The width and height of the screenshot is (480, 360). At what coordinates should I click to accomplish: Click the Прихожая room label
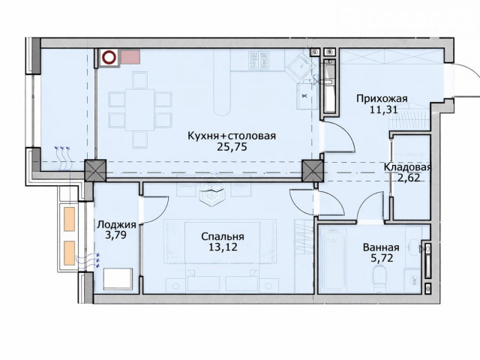click(382, 99)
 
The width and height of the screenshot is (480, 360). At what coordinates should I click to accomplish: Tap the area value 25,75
click(232, 147)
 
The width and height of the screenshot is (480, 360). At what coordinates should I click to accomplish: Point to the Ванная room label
click(381, 247)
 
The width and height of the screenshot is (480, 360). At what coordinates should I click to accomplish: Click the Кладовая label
click(407, 167)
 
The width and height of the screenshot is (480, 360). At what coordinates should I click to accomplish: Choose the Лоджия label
click(116, 225)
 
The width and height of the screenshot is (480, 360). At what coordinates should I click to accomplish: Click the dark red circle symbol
click(109, 57)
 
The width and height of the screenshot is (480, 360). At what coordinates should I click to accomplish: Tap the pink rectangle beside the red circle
click(130, 57)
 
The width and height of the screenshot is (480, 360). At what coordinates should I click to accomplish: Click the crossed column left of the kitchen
click(95, 170)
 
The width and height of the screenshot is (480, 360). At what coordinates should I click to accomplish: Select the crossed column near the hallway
click(313, 170)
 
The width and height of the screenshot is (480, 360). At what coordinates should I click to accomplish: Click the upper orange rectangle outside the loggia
click(70, 219)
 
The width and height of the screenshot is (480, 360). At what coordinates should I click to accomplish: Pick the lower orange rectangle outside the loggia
click(70, 253)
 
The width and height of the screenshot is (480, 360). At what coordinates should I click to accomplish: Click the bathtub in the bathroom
click(332, 261)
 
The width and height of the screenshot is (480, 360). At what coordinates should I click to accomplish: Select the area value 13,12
click(223, 247)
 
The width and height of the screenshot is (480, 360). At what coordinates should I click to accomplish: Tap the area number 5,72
click(382, 258)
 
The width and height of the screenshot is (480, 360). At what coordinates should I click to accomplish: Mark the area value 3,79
click(116, 235)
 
